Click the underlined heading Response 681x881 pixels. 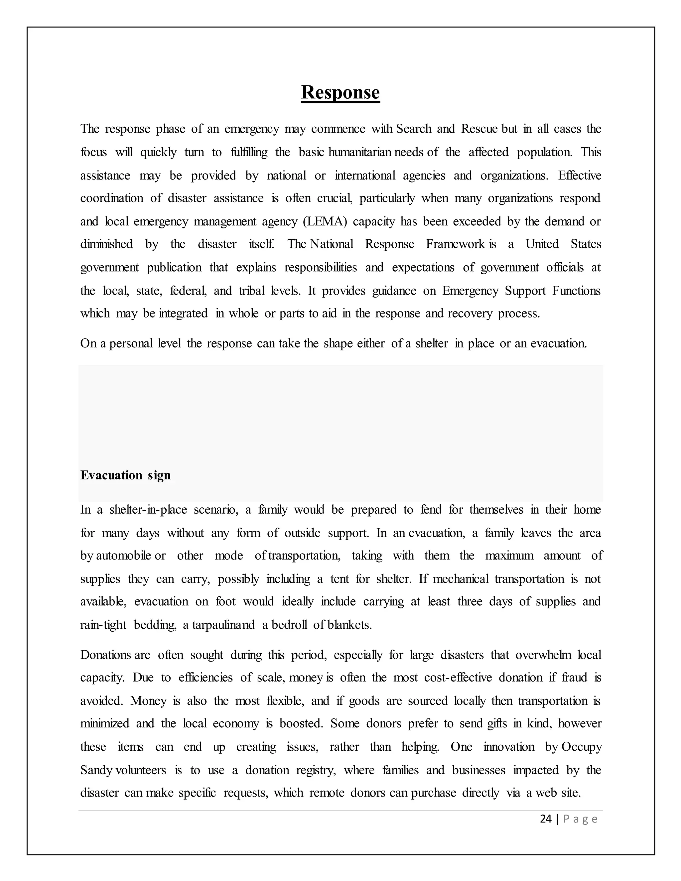click(340, 92)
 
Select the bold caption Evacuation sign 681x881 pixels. click(125, 475)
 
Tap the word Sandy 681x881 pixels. click(96, 770)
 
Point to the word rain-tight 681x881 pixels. click(103, 625)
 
